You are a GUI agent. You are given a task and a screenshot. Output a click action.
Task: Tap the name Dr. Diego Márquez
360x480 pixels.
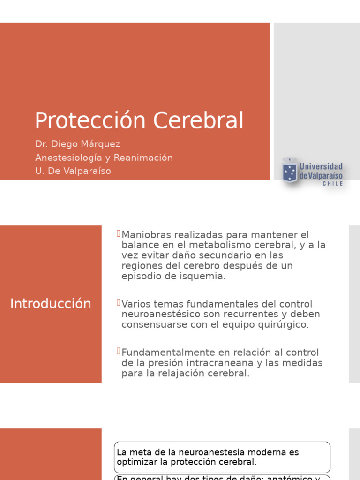[78, 144]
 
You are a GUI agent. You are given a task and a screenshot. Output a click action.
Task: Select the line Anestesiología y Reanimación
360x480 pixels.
[104, 157]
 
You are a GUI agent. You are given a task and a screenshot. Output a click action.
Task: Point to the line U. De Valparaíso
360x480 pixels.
[73, 171]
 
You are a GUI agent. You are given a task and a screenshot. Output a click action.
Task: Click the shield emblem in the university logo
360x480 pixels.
[289, 171]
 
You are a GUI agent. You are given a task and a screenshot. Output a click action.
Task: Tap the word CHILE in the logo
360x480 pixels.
[333, 184]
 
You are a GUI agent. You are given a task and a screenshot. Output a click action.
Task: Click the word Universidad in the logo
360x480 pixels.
[321, 167]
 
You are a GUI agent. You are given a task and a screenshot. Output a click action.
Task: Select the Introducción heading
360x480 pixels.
[51, 304]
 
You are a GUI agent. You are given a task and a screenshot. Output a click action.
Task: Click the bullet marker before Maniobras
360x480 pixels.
[119, 233]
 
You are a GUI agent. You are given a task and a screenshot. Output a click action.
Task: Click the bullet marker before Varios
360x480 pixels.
[119, 303]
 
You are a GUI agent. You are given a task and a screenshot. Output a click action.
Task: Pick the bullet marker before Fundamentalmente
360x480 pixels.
[119, 351]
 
